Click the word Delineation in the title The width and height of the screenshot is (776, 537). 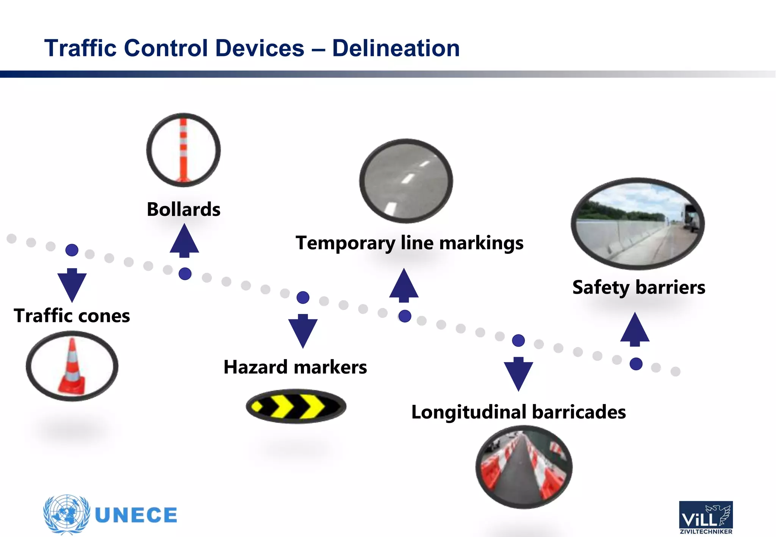(x=396, y=48)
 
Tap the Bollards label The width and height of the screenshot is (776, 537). (x=183, y=209)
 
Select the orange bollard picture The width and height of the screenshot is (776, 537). (x=183, y=150)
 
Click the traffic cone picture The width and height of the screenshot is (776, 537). (x=72, y=366)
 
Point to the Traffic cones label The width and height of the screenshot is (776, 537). (x=72, y=316)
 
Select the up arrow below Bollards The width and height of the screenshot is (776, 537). (x=184, y=241)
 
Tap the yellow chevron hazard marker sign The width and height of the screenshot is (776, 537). (x=296, y=406)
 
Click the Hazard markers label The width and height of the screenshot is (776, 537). (x=295, y=367)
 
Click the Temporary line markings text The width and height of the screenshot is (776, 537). (x=409, y=243)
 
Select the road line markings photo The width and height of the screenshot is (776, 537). (x=406, y=181)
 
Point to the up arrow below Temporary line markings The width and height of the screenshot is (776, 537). (x=404, y=286)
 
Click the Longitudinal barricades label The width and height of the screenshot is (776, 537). (x=518, y=412)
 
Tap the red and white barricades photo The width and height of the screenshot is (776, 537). (x=524, y=467)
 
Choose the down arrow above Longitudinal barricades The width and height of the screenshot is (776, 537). (x=518, y=374)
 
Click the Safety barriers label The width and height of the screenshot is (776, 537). (x=638, y=287)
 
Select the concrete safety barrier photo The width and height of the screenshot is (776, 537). (x=638, y=224)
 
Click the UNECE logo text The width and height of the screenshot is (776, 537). (x=136, y=515)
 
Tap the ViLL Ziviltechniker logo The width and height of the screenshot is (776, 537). (x=706, y=517)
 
